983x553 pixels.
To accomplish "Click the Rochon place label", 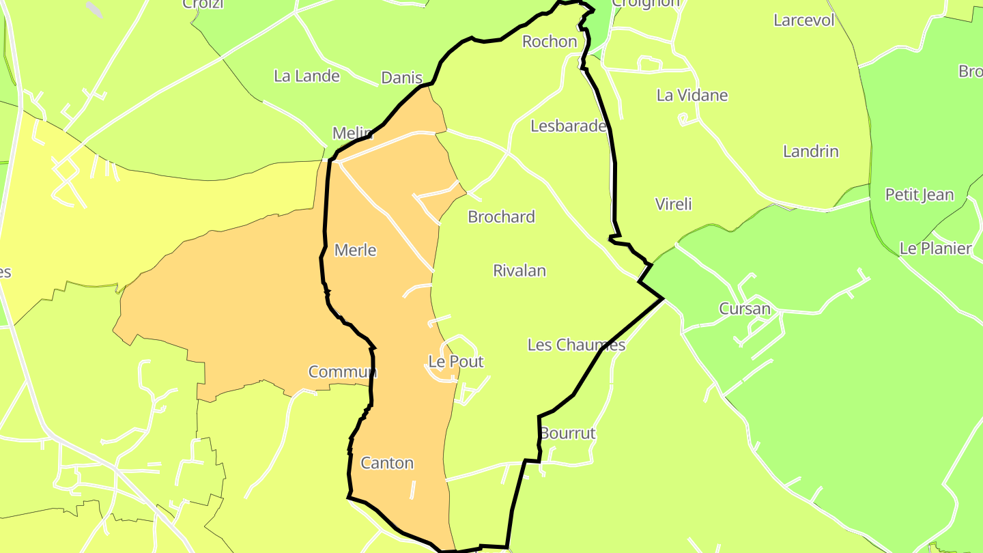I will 550,42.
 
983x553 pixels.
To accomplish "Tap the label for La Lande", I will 307,76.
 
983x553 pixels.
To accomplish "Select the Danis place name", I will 401,78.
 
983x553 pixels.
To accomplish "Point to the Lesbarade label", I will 568,126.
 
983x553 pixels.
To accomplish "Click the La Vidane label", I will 692,95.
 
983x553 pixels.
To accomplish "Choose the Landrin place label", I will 810,151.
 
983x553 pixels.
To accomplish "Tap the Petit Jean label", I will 919,195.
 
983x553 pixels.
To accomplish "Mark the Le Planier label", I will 935,248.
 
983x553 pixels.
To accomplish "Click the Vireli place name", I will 673,204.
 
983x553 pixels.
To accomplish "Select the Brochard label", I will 501,216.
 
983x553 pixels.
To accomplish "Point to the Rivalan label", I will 519,270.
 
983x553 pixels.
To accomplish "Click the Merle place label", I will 355,251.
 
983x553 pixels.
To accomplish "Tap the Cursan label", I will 744,309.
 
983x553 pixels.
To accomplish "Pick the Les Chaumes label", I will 576,345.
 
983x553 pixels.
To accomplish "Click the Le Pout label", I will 455,361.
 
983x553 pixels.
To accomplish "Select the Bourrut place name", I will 567,433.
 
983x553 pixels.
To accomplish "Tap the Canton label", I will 387,463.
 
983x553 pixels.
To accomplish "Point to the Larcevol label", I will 803,20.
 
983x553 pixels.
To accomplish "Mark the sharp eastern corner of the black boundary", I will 662,298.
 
